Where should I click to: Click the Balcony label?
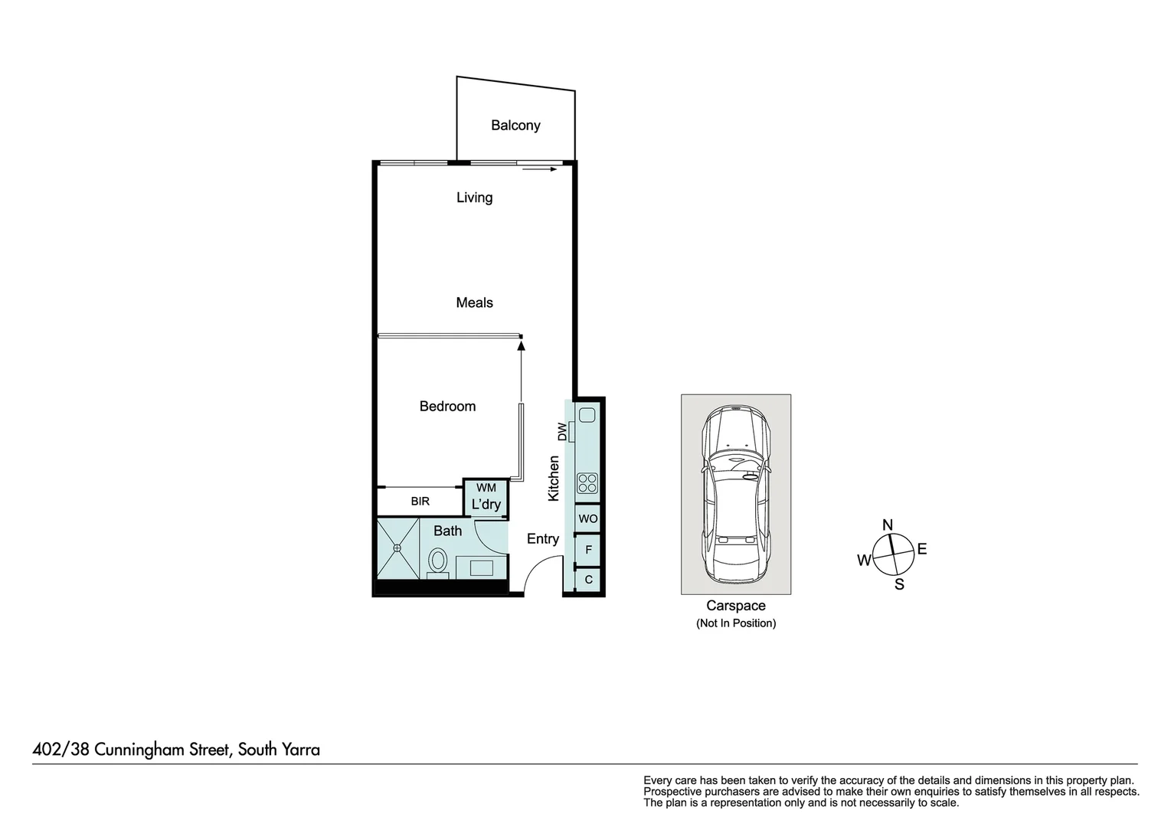click(x=515, y=126)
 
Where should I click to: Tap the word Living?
click(x=474, y=198)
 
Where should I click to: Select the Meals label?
click(x=474, y=302)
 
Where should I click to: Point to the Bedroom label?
click(x=447, y=407)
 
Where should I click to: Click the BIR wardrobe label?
click(x=420, y=502)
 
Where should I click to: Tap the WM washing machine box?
click(x=486, y=489)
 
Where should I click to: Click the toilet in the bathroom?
click(x=438, y=560)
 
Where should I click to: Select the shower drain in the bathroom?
click(x=397, y=548)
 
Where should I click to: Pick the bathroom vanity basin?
click(x=481, y=567)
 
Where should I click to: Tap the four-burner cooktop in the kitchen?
click(x=587, y=482)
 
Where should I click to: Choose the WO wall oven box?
click(x=588, y=519)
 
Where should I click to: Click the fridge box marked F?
click(x=588, y=550)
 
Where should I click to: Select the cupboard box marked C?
click(x=588, y=580)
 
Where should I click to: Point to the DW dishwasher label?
click(x=563, y=432)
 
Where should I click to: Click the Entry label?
click(x=543, y=539)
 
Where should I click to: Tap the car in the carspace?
click(x=736, y=494)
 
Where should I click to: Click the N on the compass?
click(x=888, y=525)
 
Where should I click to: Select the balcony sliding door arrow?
click(x=540, y=169)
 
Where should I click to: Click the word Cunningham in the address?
click(x=162, y=750)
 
